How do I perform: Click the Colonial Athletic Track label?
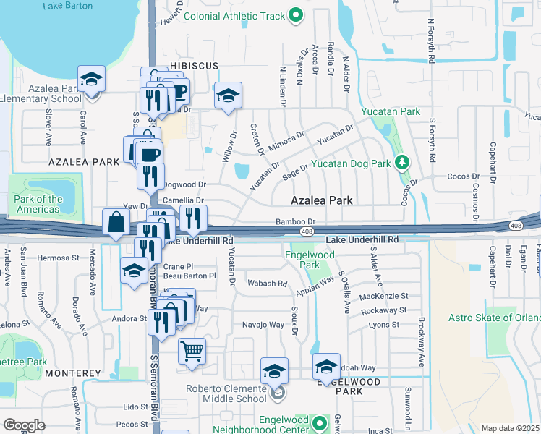point(234,15)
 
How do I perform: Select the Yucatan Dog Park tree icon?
point(403,163)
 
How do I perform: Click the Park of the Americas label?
point(38,204)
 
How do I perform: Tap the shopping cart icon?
point(192,352)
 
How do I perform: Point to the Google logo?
point(23,425)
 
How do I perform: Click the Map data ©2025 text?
point(511,428)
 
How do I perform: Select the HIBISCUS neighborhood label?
point(194,66)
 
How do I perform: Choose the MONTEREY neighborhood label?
point(72,373)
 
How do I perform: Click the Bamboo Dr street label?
point(296,222)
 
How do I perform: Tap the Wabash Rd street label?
point(267,283)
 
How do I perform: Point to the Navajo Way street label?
point(263,325)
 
